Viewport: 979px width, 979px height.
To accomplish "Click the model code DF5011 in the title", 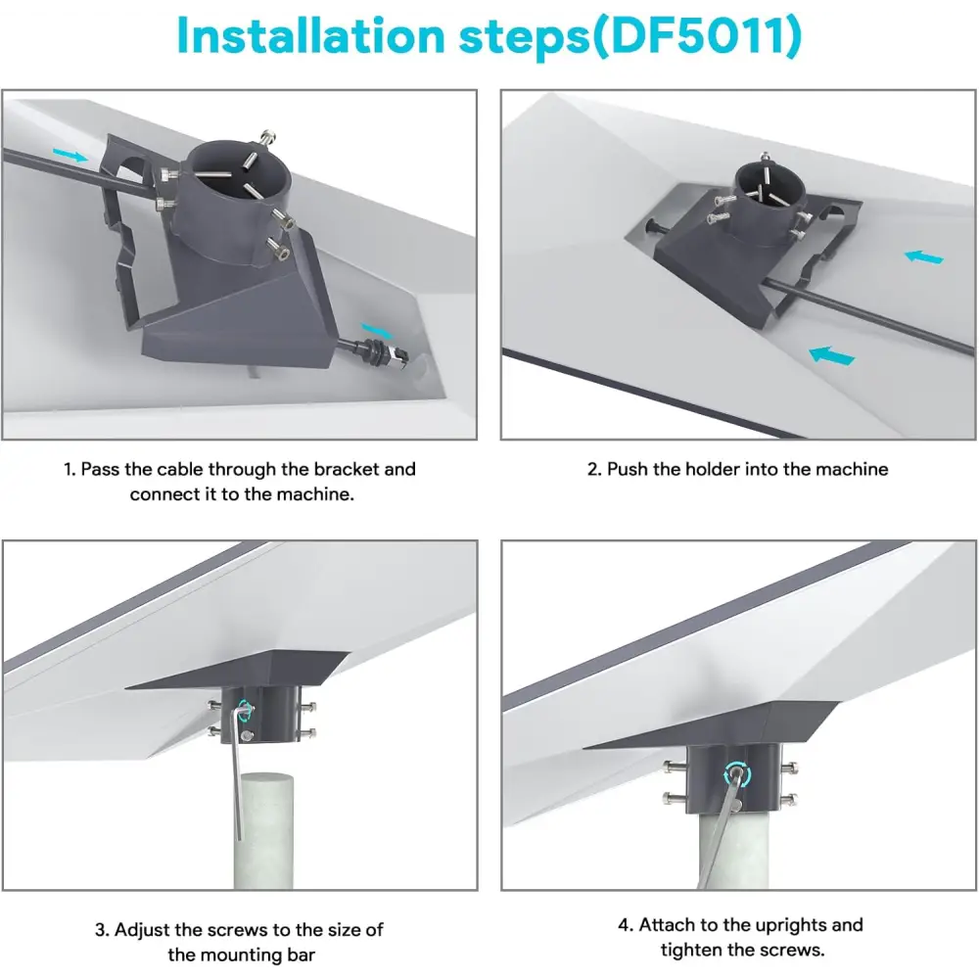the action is click(697, 35).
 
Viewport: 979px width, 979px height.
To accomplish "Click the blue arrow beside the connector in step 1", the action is click(377, 330).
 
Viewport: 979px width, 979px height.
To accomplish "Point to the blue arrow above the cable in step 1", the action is click(70, 155).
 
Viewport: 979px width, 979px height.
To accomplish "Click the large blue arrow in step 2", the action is click(831, 355).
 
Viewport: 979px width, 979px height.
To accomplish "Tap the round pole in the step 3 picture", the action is click(262, 830).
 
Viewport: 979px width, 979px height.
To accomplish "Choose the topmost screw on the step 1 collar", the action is click(268, 137).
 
